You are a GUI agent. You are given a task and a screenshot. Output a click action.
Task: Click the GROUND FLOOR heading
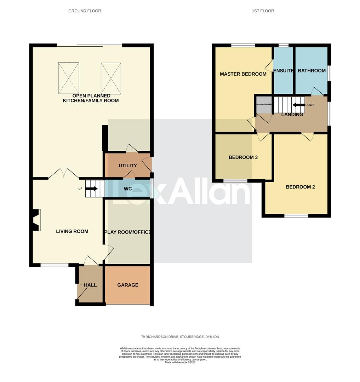85,11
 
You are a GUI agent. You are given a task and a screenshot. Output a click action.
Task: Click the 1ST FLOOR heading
263,11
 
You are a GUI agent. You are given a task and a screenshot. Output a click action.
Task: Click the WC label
128,189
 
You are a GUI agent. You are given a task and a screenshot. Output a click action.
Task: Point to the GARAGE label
128,285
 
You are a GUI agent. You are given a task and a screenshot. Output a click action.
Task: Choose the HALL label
90,285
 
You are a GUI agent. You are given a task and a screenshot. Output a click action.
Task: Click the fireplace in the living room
35,220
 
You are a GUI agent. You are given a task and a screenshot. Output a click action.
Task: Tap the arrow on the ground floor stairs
92,189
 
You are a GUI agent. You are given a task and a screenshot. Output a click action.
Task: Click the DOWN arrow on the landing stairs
298,105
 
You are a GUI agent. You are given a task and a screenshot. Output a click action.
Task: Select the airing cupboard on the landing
264,105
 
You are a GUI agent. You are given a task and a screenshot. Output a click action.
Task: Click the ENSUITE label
284,71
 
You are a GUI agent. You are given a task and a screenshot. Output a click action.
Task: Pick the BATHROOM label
312,71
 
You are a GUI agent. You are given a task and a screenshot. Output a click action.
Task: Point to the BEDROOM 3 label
243,157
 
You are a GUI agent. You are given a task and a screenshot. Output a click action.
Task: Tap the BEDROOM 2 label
300,187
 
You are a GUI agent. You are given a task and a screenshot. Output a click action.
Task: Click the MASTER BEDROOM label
243,74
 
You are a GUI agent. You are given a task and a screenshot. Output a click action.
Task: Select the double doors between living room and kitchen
64,174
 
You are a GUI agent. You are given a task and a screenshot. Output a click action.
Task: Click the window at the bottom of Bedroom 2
296,215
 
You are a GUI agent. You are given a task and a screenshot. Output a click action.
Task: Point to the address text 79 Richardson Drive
180,337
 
